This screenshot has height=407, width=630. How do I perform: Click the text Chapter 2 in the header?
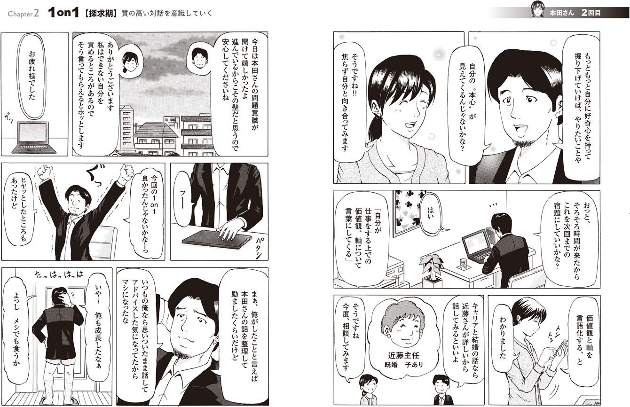click(x=24, y=14)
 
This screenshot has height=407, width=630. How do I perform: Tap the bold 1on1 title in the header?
click(x=63, y=13)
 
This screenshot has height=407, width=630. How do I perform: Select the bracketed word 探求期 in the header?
click(x=100, y=14)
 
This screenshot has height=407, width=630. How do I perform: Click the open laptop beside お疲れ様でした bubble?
click(x=34, y=137)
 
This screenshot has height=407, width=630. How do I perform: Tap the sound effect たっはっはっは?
click(x=59, y=274)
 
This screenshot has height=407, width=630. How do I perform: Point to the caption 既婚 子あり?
click(x=403, y=365)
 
